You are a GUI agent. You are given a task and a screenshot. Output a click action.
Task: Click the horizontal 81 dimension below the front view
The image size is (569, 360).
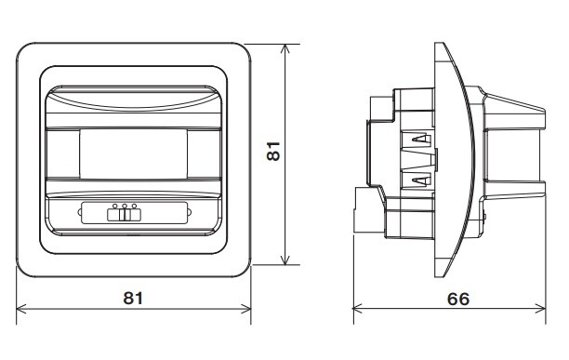(133, 298)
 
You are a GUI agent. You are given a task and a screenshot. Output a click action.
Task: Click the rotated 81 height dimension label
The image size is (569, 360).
(273, 151)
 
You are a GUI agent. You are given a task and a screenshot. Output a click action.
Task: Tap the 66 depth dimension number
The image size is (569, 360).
(458, 299)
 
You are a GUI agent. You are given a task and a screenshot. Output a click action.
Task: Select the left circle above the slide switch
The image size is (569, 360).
(115, 207)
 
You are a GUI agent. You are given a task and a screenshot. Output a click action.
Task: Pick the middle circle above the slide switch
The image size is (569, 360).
(125, 207)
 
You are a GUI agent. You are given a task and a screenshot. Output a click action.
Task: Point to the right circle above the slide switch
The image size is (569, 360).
(134, 207)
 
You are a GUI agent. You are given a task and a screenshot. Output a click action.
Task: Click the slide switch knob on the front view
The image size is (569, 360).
(125, 215)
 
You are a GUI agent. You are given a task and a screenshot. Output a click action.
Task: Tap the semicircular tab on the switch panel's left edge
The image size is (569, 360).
(80, 212)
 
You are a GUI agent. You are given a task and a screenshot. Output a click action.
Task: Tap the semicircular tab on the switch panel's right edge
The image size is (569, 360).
(189, 212)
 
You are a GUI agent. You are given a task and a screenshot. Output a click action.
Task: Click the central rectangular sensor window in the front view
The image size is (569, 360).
(133, 153)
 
